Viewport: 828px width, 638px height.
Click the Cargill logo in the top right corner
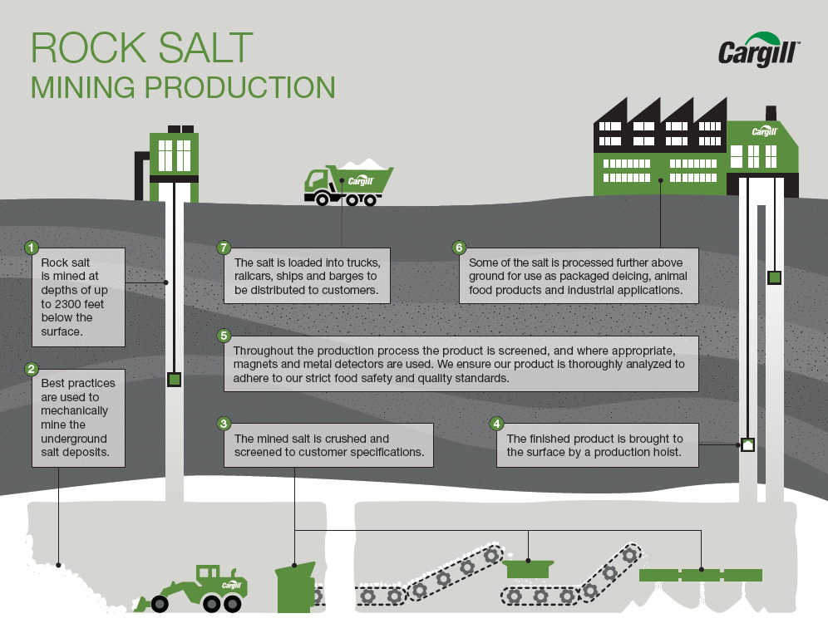pyautogui.click(x=758, y=52)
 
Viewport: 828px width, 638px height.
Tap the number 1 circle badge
pyautogui.click(x=32, y=248)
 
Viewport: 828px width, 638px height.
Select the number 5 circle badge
pyautogui.click(x=224, y=336)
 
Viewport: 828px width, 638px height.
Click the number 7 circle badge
pyautogui.click(x=223, y=248)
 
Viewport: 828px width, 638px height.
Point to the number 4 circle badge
pyautogui.click(x=497, y=423)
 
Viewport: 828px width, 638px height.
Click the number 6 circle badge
pyautogui.click(x=458, y=248)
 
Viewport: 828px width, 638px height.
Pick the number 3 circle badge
pyautogui.click(x=224, y=423)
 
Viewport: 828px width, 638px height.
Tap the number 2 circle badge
pyautogui.click(x=32, y=369)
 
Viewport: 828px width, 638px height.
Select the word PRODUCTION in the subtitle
pyautogui.click(x=243, y=88)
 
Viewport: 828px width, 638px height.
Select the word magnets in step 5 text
pyautogui.click(x=257, y=364)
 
